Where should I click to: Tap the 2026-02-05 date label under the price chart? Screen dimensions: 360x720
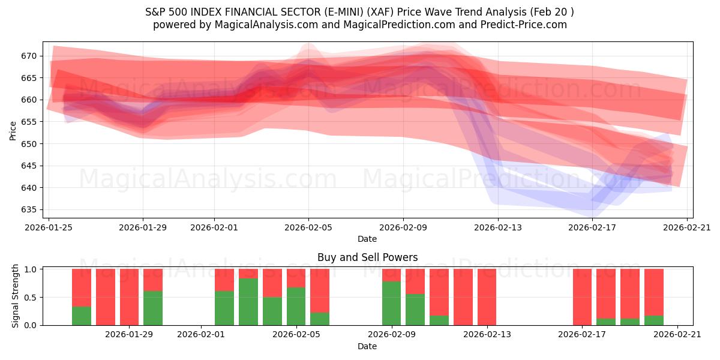click(308, 227)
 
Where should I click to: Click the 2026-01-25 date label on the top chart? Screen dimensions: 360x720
click(49, 227)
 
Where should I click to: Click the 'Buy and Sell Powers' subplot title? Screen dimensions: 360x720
click(367, 257)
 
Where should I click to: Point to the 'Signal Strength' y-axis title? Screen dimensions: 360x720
click(16, 296)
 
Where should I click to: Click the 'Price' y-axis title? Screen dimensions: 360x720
click(13, 130)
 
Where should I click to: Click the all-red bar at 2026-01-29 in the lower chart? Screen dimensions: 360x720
click(129, 297)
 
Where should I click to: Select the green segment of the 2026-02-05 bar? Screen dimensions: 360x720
click(296, 306)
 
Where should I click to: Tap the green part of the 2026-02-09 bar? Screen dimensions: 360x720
click(391, 303)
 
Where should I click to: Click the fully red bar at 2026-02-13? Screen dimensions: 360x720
click(487, 297)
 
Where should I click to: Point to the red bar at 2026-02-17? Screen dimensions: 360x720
click(582, 297)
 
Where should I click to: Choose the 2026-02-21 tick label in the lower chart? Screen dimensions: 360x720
click(677, 334)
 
